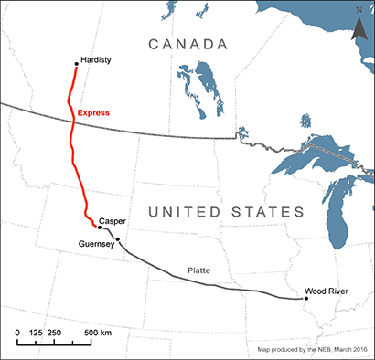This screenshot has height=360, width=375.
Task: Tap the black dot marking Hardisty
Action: coord(76,64)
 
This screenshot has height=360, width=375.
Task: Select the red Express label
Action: coord(93,113)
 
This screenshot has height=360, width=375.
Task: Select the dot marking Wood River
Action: coord(306,298)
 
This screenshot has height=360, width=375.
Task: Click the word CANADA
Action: coord(188,44)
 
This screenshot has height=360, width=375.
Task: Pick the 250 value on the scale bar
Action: coord(56,332)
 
